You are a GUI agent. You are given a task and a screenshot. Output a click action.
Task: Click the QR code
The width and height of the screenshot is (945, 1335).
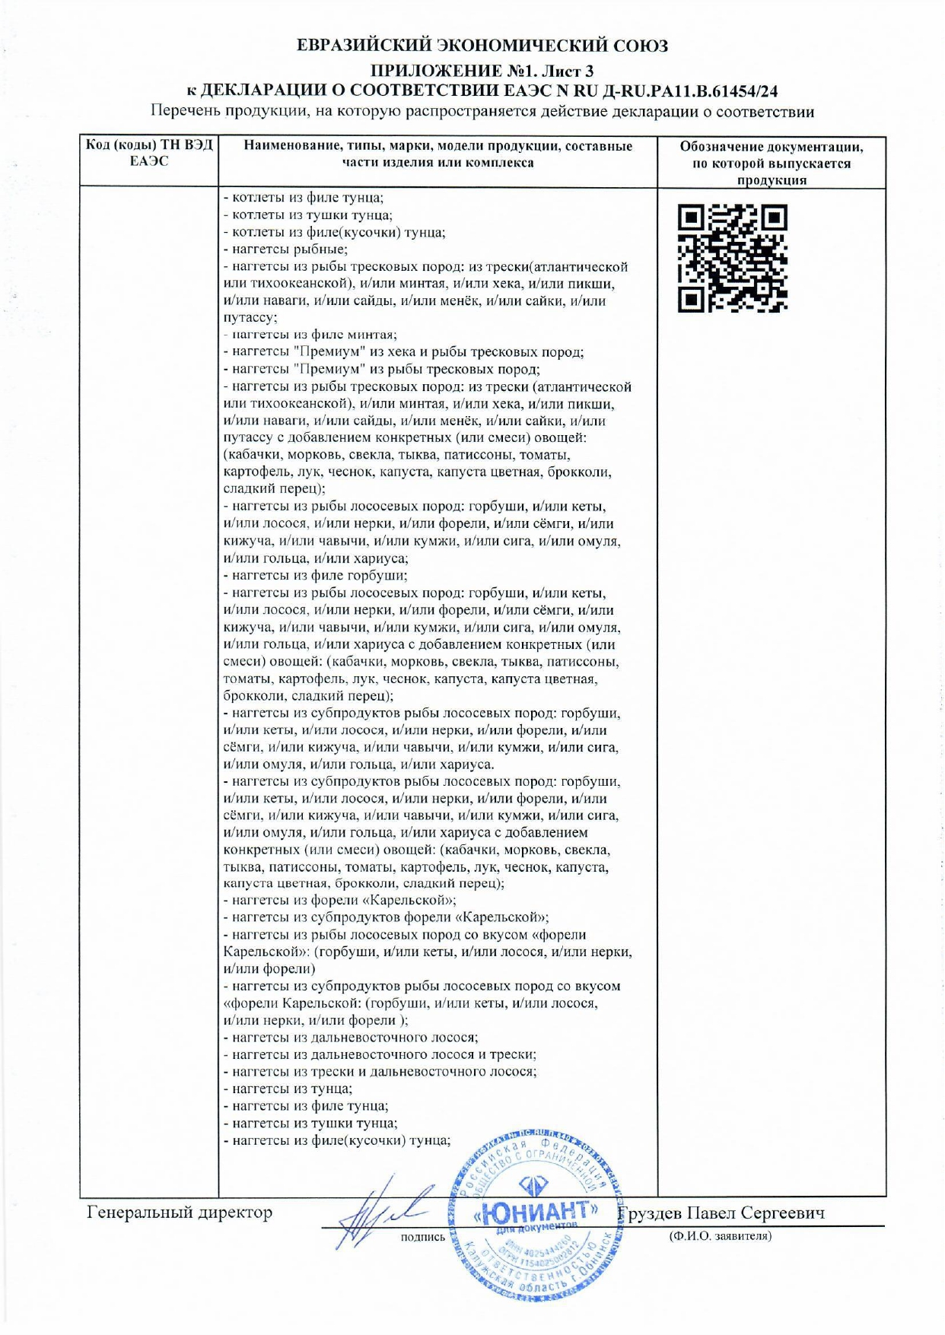point(732,259)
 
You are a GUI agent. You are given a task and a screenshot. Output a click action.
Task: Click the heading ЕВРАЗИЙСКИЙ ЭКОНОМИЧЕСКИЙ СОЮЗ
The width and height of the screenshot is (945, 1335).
point(482,46)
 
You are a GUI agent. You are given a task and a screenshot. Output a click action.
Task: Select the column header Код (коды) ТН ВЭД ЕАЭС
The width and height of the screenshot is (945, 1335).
point(149,153)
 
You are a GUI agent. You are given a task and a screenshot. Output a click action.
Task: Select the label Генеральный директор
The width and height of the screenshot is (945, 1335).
point(180,1213)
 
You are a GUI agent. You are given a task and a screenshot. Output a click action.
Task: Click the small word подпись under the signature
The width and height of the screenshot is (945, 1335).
point(422,1238)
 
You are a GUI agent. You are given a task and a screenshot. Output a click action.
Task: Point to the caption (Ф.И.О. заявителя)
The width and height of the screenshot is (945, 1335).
point(720,1236)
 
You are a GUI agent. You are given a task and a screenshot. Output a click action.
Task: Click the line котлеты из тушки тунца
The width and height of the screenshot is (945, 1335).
point(308,215)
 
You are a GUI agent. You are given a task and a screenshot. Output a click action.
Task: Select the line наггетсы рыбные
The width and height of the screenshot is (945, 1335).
point(286,250)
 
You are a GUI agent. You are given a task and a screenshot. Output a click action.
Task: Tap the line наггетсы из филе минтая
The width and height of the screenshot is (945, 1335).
point(310,335)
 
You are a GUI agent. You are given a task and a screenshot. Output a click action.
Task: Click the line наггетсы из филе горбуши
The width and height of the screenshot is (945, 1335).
point(316,576)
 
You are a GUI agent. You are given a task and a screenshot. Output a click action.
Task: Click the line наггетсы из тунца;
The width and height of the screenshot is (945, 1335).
point(288,1089)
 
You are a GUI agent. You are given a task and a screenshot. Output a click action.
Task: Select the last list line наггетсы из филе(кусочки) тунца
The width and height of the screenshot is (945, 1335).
point(337,1140)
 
